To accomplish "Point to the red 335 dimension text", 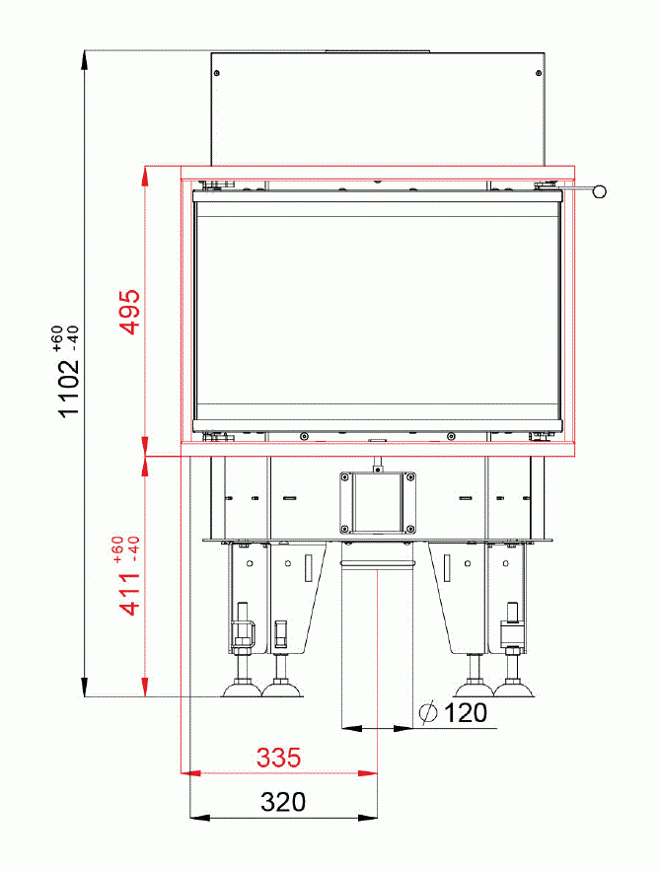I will point(278,759).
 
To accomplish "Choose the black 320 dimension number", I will point(283,802).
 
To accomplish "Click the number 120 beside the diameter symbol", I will point(466,713).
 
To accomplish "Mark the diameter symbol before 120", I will point(428,713).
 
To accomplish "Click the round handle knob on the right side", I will point(599,192).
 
